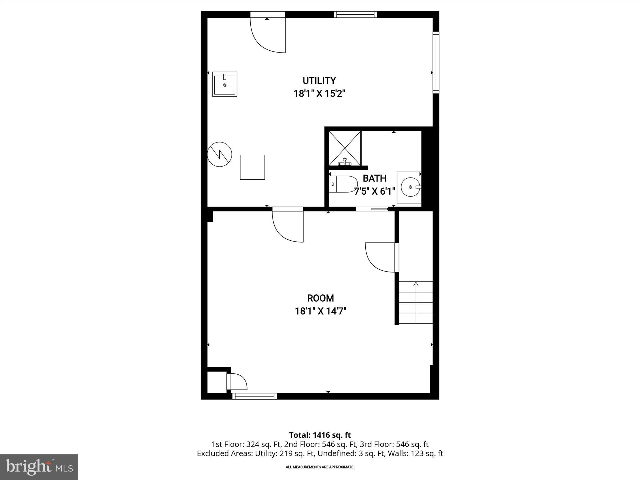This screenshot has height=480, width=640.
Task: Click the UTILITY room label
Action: pyautogui.click(x=319, y=81)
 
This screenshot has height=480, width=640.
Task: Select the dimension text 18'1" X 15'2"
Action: pyautogui.click(x=319, y=93)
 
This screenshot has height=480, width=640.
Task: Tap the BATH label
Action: pyautogui.click(x=374, y=178)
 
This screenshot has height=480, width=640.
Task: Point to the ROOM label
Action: pyautogui.click(x=320, y=298)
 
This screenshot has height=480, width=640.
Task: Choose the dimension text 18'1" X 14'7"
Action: pyautogui.click(x=321, y=311)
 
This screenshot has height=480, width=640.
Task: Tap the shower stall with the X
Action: pyautogui.click(x=345, y=147)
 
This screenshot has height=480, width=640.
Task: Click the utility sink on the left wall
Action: pyautogui.click(x=225, y=84)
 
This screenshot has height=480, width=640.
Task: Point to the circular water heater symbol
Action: pyautogui.click(x=220, y=154)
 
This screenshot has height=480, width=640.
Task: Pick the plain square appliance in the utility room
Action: pyautogui.click(x=252, y=167)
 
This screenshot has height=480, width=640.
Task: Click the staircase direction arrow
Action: pyautogui.click(x=416, y=284)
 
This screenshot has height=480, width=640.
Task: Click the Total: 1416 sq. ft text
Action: pyautogui.click(x=320, y=435)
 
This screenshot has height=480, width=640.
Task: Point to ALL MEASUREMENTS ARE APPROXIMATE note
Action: pyautogui.click(x=320, y=467)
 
